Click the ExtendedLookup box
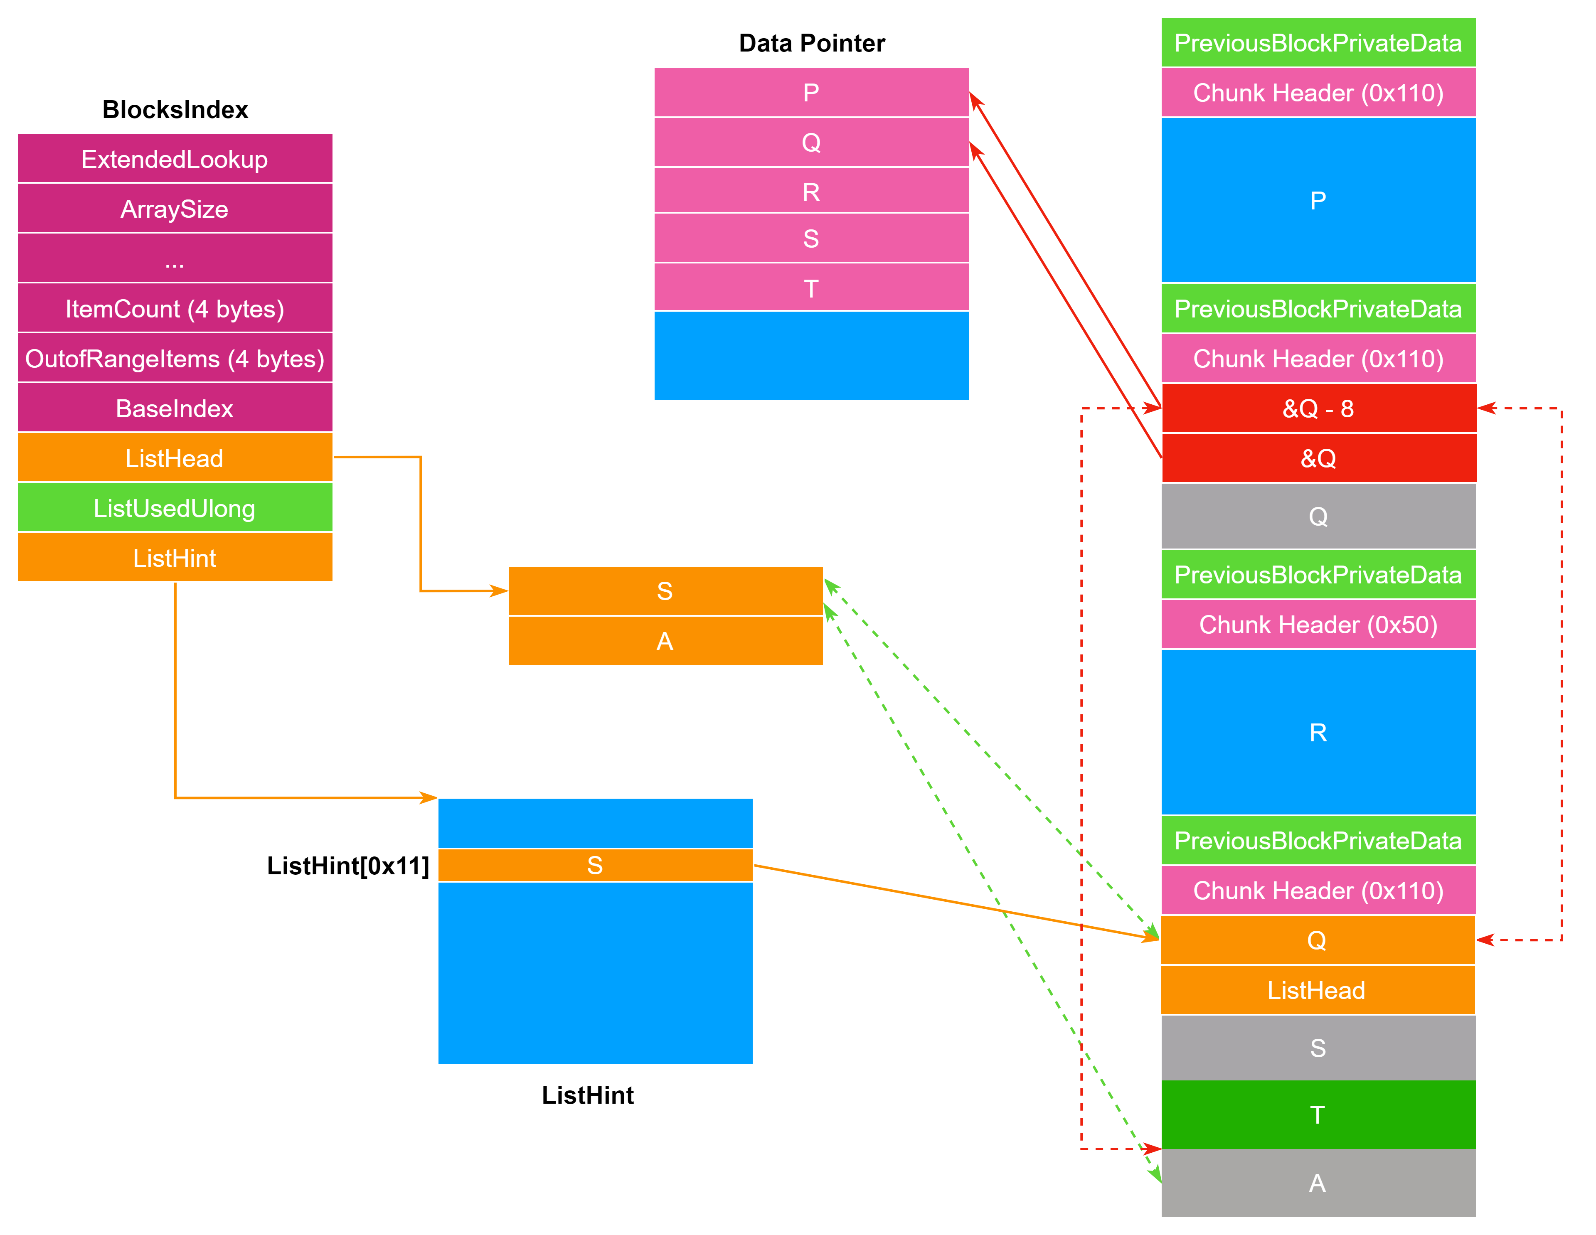click(x=175, y=159)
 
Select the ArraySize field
click(x=175, y=209)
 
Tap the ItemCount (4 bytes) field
click(x=175, y=308)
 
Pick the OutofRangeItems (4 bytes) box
click(x=175, y=358)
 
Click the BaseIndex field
click(x=175, y=408)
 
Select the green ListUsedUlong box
click(x=175, y=508)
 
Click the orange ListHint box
click(x=175, y=558)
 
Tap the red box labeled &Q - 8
click(x=1318, y=408)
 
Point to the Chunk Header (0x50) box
click(x=1318, y=624)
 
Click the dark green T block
click(x=1318, y=1114)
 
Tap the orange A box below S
click(x=665, y=641)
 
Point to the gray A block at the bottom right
click(x=1318, y=1182)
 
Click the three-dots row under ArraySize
click(x=175, y=258)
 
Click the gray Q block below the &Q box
click(x=1318, y=517)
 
